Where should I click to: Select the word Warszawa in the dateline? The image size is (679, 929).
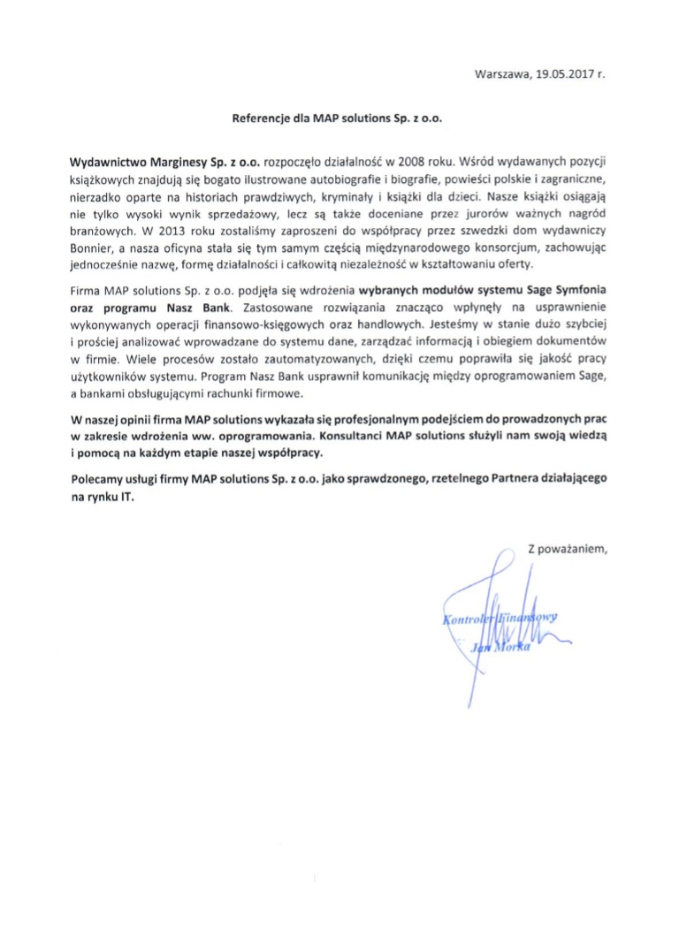[x=501, y=74]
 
